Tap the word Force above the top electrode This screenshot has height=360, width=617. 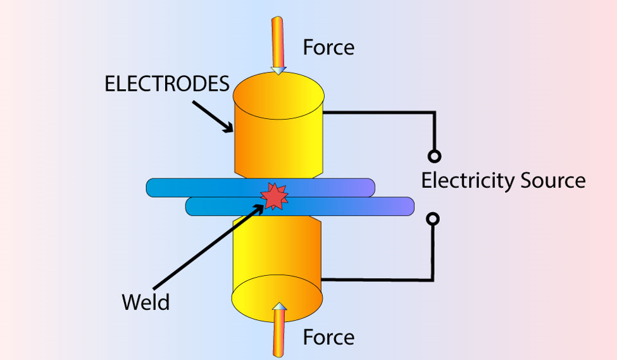(328, 47)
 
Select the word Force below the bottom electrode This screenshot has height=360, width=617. (328, 337)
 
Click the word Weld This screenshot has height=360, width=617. (146, 302)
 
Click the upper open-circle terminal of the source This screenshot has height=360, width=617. (434, 156)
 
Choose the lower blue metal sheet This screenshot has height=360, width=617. (354, 206)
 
